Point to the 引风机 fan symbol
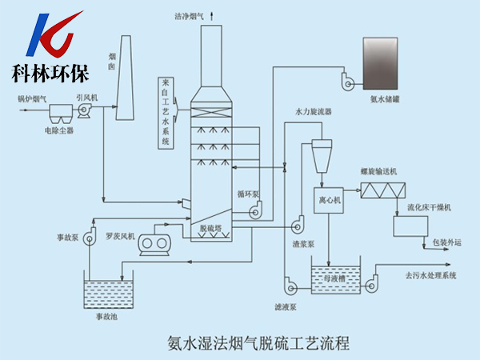[85, 113]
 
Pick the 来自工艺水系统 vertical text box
[166, 113]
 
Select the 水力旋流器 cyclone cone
[322, 154]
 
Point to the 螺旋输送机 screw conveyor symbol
[382, 190]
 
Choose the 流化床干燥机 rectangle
[410, 226]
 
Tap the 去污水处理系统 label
[430, 276]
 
